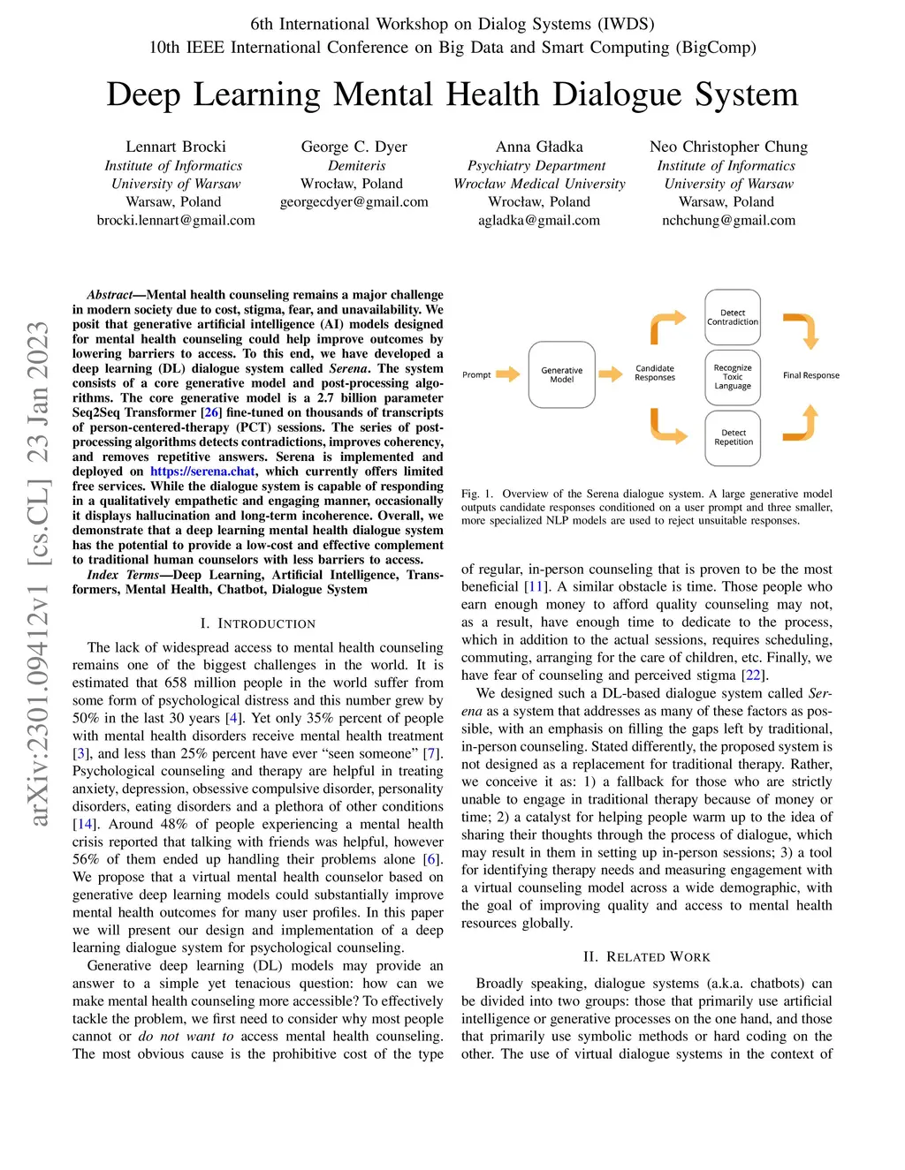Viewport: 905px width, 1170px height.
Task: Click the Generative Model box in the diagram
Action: (x=562, y=374)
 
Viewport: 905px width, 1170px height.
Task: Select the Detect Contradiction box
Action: (x=733, y=317)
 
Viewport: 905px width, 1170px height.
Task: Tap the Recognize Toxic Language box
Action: (x=733, y=377)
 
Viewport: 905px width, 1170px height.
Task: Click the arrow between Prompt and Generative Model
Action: (x=507, y=374)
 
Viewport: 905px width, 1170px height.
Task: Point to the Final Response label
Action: (x=810, y=375)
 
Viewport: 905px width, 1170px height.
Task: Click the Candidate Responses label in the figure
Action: (x=655, y=373)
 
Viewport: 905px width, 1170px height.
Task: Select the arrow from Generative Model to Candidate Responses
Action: (x=610, y=374)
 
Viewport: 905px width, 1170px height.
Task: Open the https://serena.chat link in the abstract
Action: (x=202, y=472)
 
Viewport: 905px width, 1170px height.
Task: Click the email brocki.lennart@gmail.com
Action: (x=176, y=220)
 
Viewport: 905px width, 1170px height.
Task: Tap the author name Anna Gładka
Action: (x=539, y=147)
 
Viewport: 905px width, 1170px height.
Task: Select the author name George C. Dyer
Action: (x=354, y=147)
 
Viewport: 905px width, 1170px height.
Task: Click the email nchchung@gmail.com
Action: (x=728, y=220)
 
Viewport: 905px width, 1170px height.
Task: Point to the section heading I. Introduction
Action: (x=257, y=623)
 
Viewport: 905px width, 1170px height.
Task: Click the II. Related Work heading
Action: (x=646, y=956)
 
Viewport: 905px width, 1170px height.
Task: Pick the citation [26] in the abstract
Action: (x=212, y=412)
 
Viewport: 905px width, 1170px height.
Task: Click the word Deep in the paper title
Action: (x=144, y=94)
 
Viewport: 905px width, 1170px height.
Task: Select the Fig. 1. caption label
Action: (x=476, y=494)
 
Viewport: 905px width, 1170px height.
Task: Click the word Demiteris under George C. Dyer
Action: (x=356, y=165)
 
